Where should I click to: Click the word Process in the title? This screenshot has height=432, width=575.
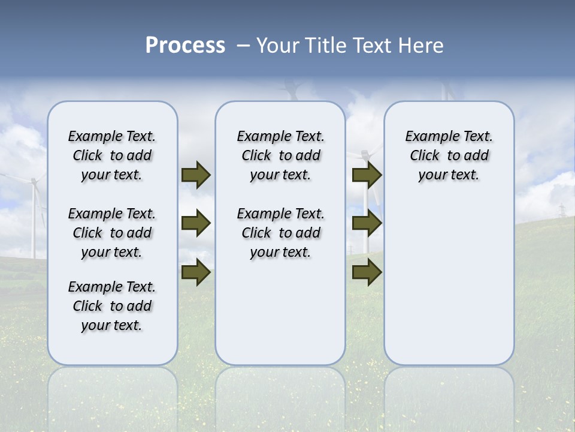185,46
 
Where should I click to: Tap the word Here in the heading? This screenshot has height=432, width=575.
422,46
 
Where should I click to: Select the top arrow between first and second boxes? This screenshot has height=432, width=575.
195,175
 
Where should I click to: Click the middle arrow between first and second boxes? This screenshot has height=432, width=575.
195,223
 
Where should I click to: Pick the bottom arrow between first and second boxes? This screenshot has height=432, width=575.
195,272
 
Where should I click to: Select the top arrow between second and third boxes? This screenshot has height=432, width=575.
367,175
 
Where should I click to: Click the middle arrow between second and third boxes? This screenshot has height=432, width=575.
367,223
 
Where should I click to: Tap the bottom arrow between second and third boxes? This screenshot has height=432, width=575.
367,272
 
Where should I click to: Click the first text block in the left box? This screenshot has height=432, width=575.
112,155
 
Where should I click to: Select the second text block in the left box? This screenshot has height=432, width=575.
112,233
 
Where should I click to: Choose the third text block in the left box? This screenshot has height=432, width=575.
112,306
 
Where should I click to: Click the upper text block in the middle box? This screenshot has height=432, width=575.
280,155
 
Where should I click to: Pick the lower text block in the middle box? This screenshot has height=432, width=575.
280,233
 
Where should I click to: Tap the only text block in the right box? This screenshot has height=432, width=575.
449,155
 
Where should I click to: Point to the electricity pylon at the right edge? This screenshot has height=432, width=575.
562,211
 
